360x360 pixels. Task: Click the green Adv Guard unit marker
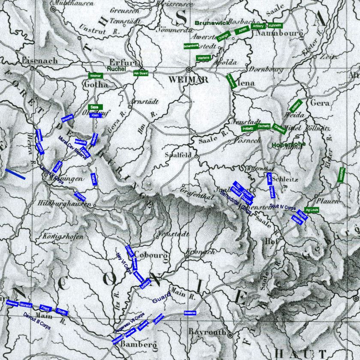(x=141, y=73)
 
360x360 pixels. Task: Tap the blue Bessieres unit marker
(x=190, y=312)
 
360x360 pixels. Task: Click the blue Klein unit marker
(x=95, y=115)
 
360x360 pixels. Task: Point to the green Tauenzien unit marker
(x=341, y=175)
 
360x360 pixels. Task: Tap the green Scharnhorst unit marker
(x=191, y=46)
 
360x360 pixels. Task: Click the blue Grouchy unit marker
(x=68, y=118)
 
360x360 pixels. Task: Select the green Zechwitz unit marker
(x=264, y=127)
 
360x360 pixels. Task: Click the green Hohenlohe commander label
(x=288, y=145)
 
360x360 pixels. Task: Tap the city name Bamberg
(x=138, y=345)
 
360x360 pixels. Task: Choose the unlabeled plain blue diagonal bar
(x=15, y=174)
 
